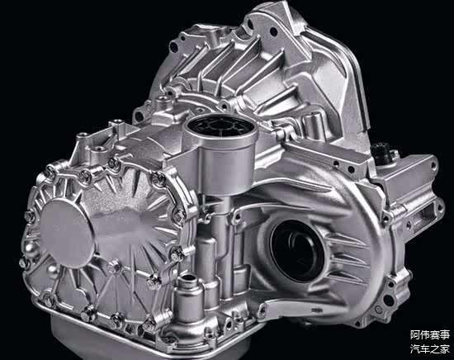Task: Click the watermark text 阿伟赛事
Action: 430,335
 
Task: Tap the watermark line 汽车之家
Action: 430,348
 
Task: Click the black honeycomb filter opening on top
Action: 220,126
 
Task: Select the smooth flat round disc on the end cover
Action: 67,233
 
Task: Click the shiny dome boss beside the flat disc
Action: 32,249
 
